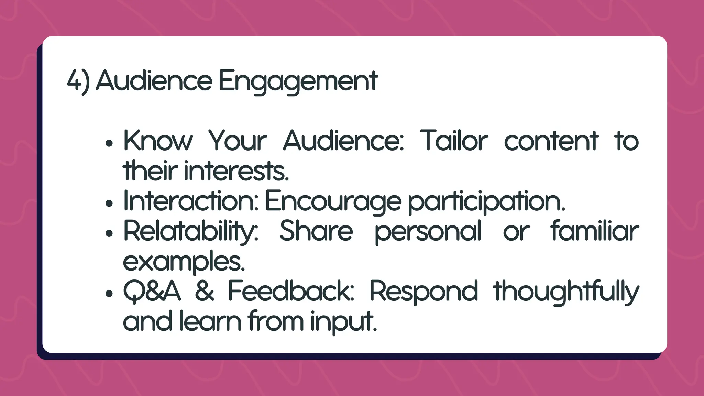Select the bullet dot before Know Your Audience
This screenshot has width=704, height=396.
(109, 143)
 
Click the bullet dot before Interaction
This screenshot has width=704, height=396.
(109, 203)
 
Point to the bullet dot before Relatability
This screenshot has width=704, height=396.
(109, 234)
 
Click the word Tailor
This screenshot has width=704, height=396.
(454, 141)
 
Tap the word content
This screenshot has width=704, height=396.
(551, 141)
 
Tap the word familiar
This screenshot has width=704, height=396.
(595, 231)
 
